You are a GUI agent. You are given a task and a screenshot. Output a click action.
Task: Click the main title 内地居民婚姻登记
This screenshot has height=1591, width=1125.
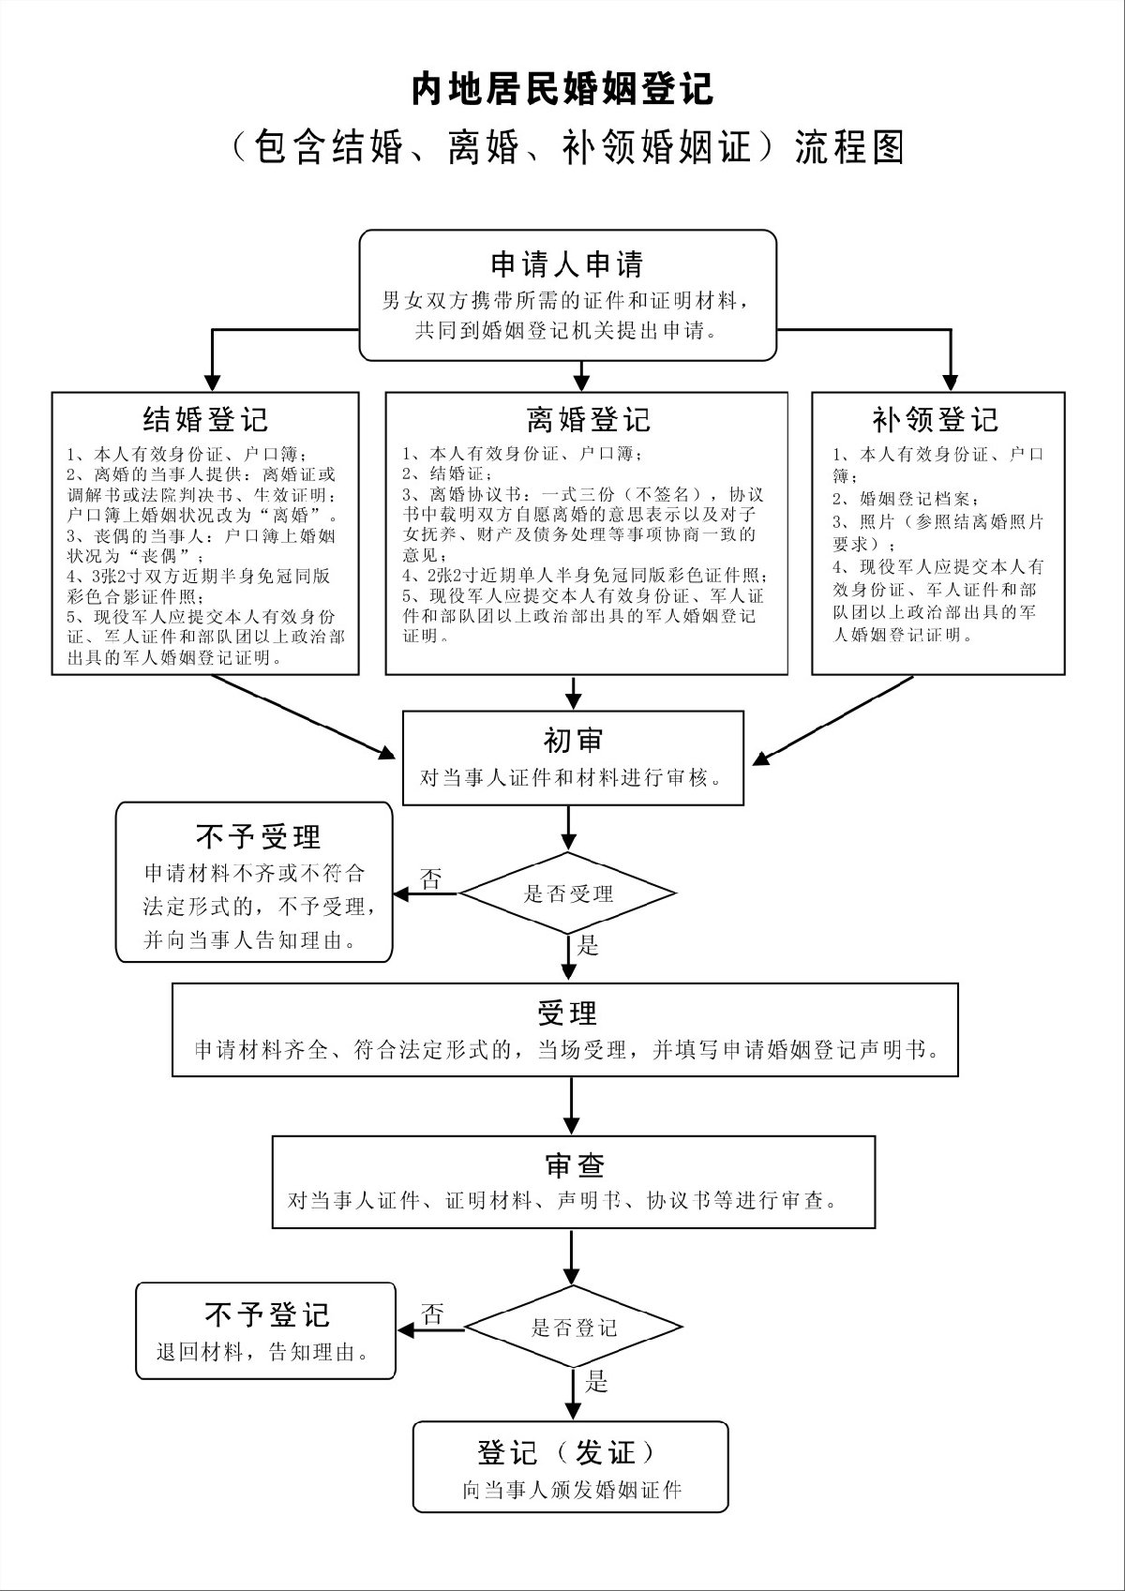pyautogui.click(x=562, y=90)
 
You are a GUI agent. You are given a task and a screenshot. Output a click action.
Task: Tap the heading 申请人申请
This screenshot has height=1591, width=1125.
pyautogui.click(x=567, y=264)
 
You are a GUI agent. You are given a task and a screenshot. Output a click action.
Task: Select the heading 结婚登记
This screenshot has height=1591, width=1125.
pyautogui.click(x=205, y=418)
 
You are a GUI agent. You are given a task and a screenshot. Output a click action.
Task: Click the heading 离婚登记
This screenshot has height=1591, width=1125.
pyautogui.click(x=587, y=418)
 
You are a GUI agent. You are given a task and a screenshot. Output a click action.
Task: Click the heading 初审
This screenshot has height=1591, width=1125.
pyautogui.click(x=573, y=741)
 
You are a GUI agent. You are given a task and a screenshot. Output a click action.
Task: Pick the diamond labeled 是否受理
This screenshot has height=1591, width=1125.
pyautogui.click(x=568, y=893)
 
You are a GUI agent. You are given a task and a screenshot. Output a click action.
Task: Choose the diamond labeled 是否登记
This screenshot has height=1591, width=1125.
pyautogui.click(x=574, y=1328)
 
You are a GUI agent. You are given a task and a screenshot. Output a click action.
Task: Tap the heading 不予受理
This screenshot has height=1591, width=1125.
pyautogui.click(x=258, y=835)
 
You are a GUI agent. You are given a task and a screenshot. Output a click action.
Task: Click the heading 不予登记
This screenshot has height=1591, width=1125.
pyautogui.click(x=267, y=1314)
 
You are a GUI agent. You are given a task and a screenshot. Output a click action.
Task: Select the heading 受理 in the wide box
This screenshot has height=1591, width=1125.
pyautogui.click(x=567, y=1013)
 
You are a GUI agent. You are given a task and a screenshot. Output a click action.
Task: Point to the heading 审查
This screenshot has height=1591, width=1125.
pyautogui.click(x=574, y=1165)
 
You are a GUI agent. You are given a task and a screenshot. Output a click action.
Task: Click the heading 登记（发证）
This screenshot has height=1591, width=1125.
pyautogui.click(x=569, y=1453)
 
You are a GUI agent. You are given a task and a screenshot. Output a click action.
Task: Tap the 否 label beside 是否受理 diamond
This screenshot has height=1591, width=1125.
pyautogui.click(x=431, y=879)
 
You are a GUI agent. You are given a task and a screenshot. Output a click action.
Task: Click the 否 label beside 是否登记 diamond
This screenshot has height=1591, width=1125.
pyautogui.click(x=432, y=1314)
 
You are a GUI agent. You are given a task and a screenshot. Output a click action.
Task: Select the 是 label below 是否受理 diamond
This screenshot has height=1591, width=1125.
pyautogui.click(x=588, y=945)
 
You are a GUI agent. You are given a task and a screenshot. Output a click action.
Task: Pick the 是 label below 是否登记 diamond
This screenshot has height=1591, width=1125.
pyautogui.click(x=596, y=1382)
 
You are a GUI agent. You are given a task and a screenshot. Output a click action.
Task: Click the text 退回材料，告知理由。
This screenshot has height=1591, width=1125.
pyautogui.click(x=262, y=1353)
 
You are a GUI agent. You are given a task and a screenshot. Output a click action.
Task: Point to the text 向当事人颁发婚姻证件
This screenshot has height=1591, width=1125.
pyautogui.click(x=571, y=1490)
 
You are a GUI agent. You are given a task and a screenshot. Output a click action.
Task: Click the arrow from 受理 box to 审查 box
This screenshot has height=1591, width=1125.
pyautogui.click(x=571, y=1105)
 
